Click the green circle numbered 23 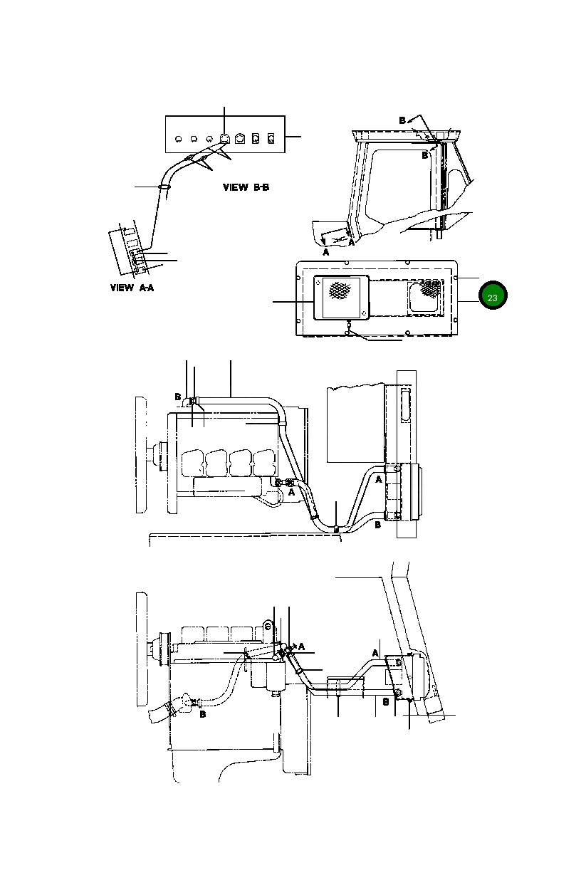pos(492,296)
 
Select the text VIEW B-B pos(246,188)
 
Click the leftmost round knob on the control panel pos(178,138)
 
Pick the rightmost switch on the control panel pos(271,137)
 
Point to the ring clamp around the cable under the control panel pos(164,187)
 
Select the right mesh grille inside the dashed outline pos(431,288)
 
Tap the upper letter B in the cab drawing pos(402,120)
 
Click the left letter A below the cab pos(325,252)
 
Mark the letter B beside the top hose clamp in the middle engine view pos(177,397)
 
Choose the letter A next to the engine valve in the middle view pos(291,491)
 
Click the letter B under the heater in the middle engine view pos(377,525)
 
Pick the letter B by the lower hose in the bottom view pos(202,714)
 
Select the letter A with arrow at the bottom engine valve pos(301,646)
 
